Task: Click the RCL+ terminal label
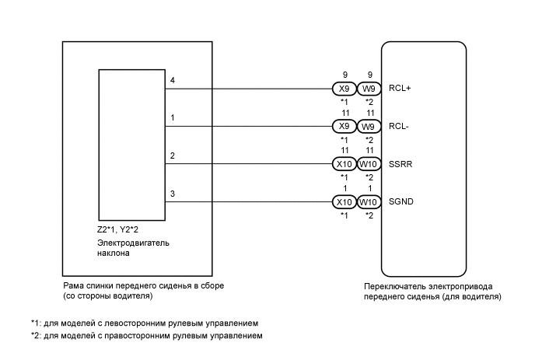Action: click(x=397, y=89)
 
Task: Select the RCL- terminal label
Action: click(x=396, y=127)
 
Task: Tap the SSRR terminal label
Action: click(x=398, y=164)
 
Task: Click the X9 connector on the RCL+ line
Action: click(x=343, y=89)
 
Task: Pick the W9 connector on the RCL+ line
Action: click(x=369, y=89)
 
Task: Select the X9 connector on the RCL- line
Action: click(x=343, y=127)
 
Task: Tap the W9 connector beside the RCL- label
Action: click(x=369, y=127)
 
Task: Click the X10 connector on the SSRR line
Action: click(x=343, y=164)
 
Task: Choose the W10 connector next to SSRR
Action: click(x=369, y=164)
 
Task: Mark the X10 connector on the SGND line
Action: click(x=343, y=202)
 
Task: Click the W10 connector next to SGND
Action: click(x=369, y=202)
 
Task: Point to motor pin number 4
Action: click(x=172, y=80)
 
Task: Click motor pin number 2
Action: click(x=172, y=156)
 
